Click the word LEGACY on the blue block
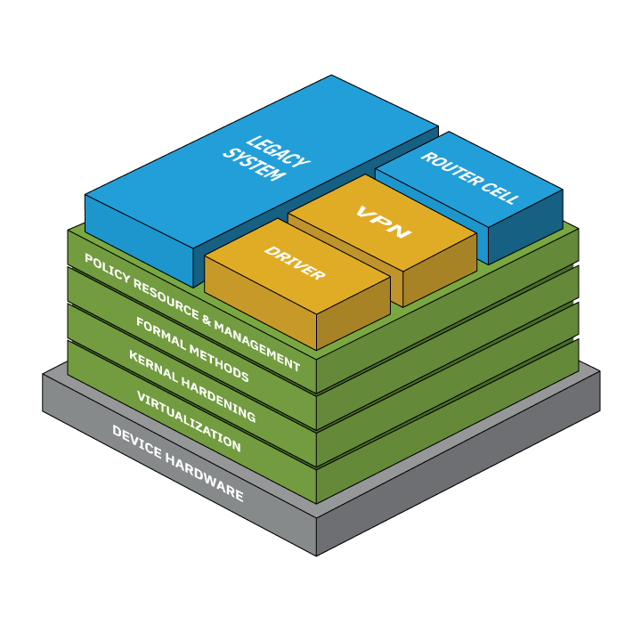278,151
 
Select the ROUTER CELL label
469,178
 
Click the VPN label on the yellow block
384,222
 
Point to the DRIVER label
295,264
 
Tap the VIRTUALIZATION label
189,421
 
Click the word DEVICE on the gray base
134,442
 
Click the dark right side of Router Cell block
525,227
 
